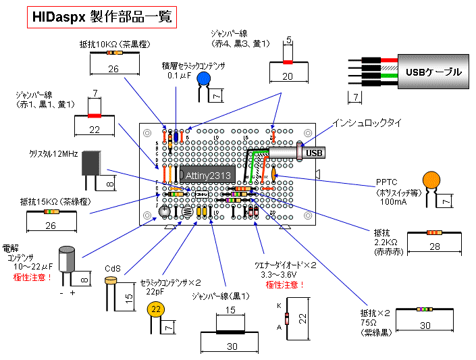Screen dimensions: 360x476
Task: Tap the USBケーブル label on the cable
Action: [433, 72]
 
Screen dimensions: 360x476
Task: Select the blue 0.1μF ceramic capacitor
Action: [203, 80]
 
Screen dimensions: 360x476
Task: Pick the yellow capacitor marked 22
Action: [157, 310]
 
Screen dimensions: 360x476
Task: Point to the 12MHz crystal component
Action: [93, 162]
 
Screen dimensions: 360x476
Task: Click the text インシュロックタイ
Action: [367, 123]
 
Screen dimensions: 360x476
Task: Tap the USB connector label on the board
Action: [315, 153]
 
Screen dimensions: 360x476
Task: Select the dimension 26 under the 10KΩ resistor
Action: [113, 69]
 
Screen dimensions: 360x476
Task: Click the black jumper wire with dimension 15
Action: [230, 332]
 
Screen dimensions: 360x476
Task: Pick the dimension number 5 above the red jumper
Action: [288, 42]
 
